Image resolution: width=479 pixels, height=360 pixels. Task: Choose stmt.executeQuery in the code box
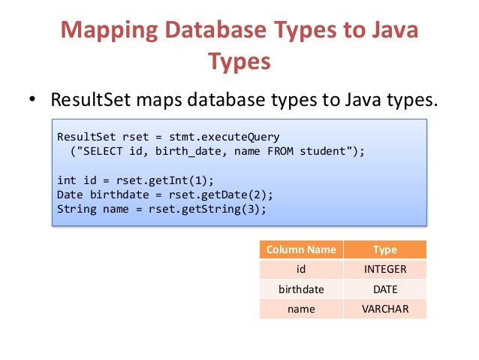tap(224, 137)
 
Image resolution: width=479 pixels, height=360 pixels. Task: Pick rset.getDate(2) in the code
tap(204, 194)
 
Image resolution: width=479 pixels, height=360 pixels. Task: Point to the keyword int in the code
tap(66, 180)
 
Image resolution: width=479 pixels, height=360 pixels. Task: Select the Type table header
tap(384, 250)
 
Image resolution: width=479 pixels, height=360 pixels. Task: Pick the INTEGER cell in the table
tap(384, 270)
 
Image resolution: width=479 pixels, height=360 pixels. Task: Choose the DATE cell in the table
tap(384, 289)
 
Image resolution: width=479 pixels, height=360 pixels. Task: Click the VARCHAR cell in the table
tap(384, 309)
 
